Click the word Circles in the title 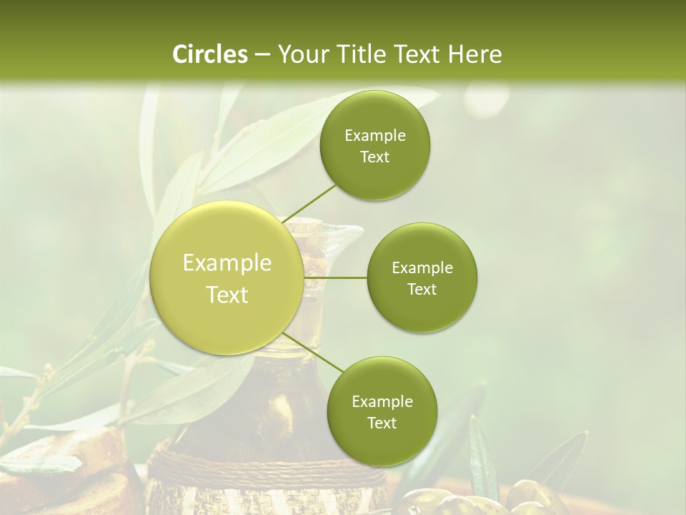click(209, 54)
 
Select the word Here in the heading click(474, 54)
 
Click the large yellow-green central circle click(227, 278)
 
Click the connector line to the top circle click(309, 202)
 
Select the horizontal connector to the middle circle click(336, 278)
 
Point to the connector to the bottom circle click(312, 351)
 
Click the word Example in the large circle click(227, 263)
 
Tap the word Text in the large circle click(227, 295)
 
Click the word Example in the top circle click(375, 136)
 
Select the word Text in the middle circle click(422, 290)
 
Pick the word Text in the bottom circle click(382, 423)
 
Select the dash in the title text click(262, 54)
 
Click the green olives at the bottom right click(529, 497)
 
